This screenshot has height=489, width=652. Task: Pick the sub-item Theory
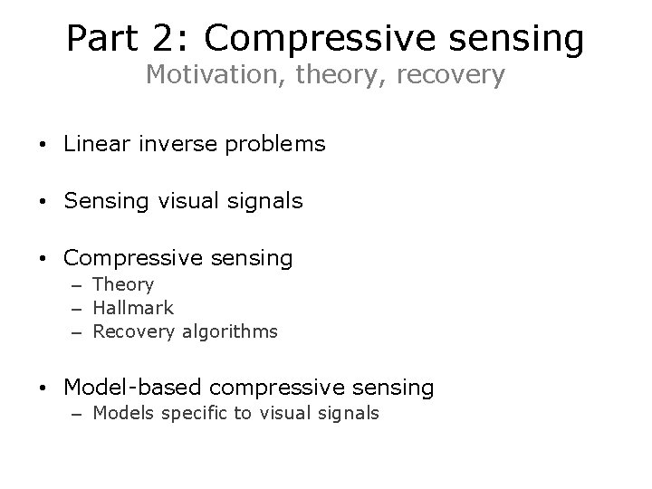[123, 285]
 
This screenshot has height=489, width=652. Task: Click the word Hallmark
[133, 308]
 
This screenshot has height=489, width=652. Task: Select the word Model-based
[133, 388]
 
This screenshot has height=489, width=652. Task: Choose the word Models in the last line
[122, 414]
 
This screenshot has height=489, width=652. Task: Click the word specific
[194, 415]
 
